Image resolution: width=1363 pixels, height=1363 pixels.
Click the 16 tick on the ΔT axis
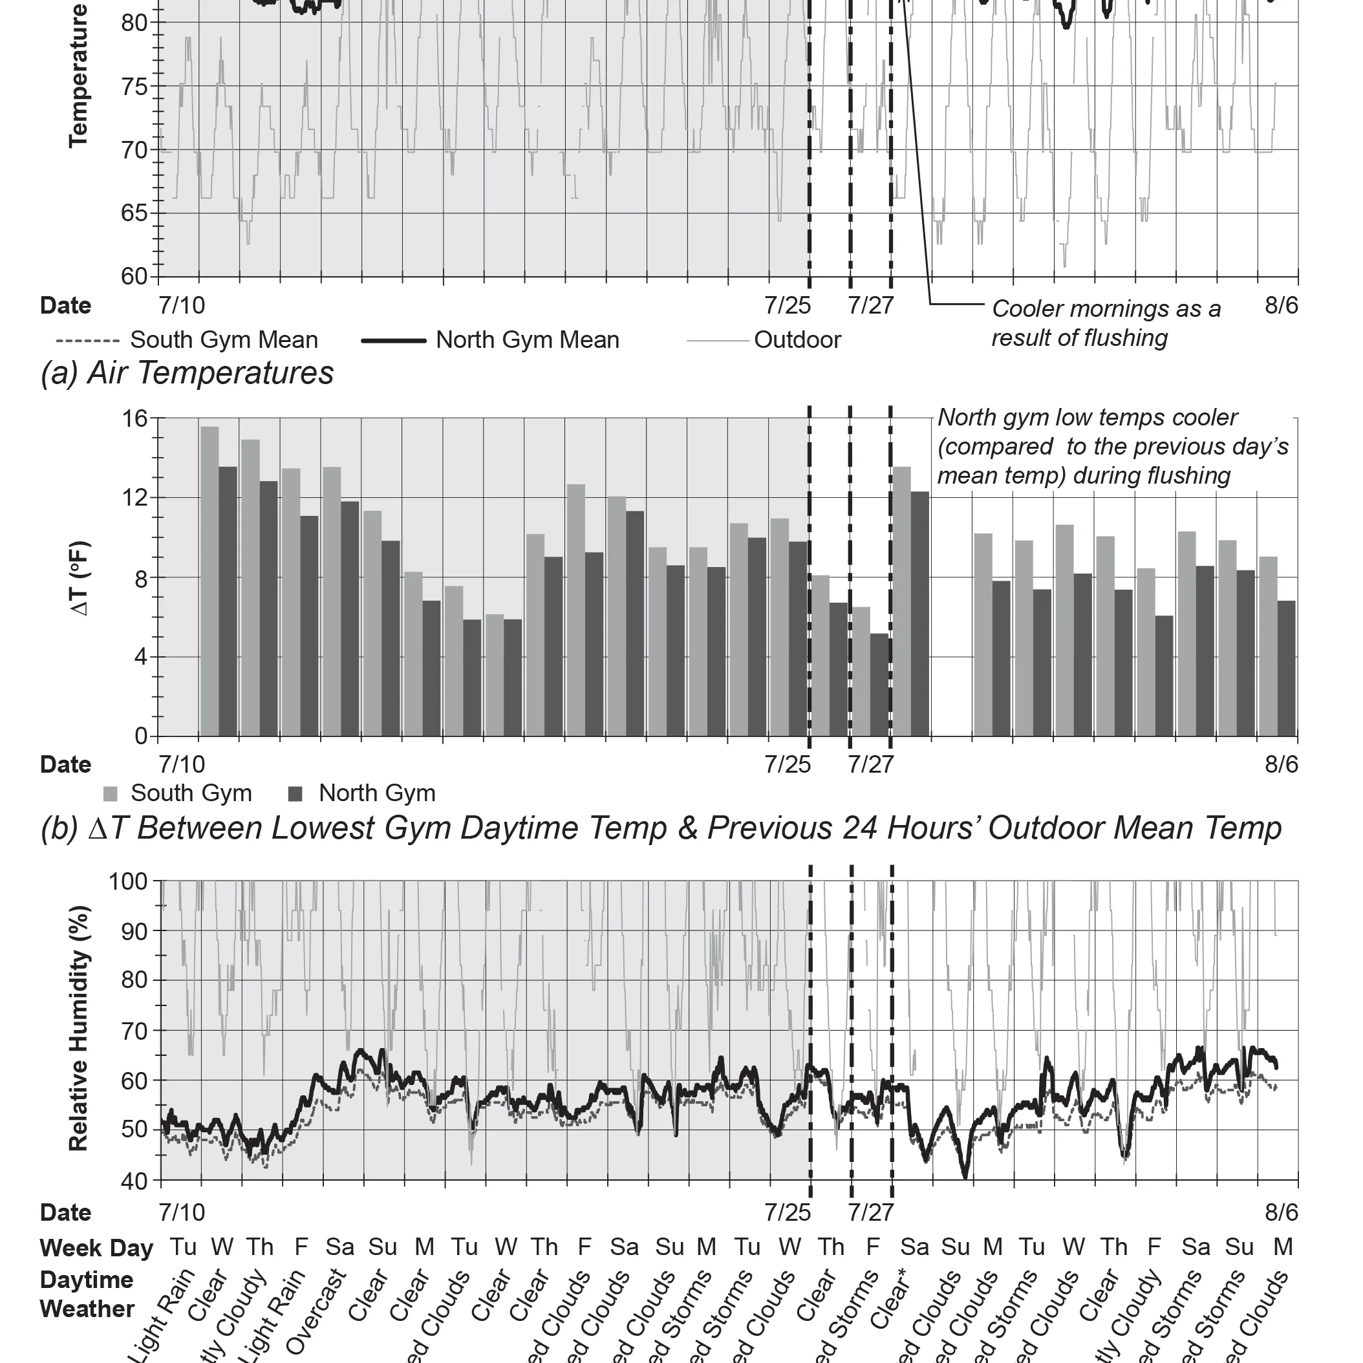click(x=134, y=418)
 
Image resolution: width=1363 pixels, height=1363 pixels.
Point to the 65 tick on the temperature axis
click(x=134, y=213)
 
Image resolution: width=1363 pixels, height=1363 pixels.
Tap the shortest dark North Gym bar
click(x=879, y=684)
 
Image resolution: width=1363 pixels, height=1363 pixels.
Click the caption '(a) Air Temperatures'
click(x=187, y=373)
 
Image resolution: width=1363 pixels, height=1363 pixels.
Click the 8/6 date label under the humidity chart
click(x=1281, y=1212)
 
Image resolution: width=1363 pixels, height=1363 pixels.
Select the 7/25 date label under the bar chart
click(x=788, y=764)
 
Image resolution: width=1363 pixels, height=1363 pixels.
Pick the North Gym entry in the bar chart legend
click(x=376, y=793)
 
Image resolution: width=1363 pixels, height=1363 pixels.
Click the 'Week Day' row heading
click(x=96, y=1248)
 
